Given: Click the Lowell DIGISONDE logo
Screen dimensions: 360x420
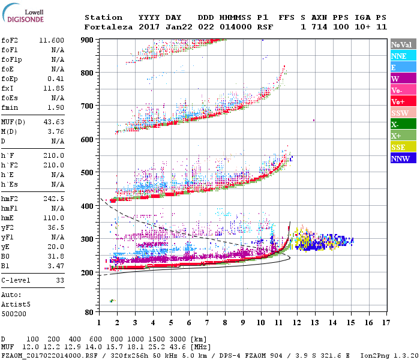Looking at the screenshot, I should pos(22,16).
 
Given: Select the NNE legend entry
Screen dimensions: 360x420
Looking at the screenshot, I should pos(398,56).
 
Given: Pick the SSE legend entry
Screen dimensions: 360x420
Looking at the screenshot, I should pos(398,147).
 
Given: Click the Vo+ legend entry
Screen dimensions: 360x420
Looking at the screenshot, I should pos(397,101).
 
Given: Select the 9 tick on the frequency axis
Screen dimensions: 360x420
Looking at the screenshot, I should pos(243,323).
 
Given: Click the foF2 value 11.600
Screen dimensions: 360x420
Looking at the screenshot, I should pos(52,40).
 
